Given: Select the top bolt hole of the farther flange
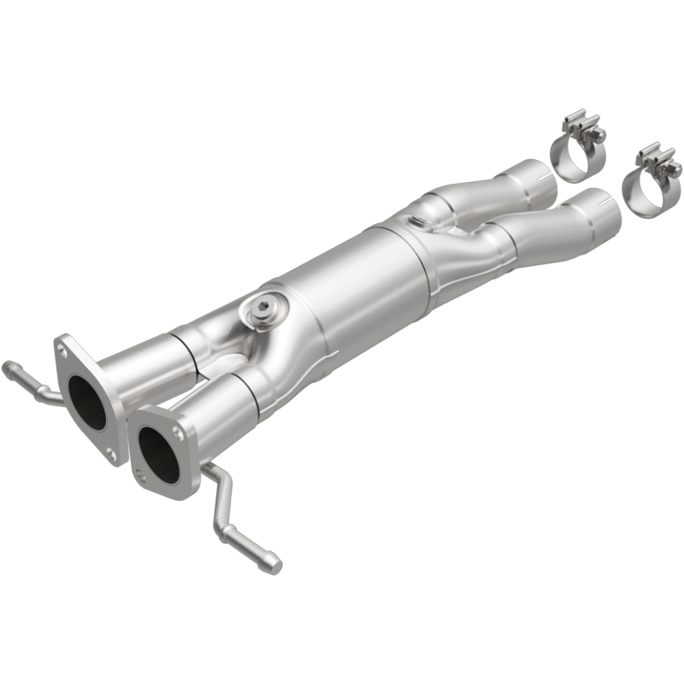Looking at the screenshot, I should pos(63,348).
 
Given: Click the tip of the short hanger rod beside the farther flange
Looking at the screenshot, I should pos(9,369).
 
